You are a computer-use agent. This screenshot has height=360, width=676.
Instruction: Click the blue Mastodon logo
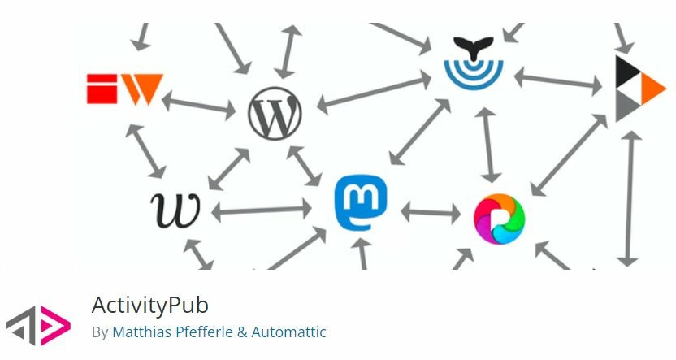[361, 202]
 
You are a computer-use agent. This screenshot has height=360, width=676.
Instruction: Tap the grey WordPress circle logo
[275, 114]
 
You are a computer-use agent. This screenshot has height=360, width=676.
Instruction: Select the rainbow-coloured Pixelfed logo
[499, 219]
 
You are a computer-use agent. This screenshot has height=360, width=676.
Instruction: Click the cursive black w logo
[175, 210]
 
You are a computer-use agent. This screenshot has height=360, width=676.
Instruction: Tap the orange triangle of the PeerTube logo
[653, 89]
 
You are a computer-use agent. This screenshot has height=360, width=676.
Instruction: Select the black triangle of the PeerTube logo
[627, 71]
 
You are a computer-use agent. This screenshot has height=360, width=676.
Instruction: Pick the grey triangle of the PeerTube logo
[627, 106]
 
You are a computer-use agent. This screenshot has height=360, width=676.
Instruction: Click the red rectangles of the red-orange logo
[102, 89]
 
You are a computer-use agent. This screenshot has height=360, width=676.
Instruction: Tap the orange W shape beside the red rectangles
[142, 89]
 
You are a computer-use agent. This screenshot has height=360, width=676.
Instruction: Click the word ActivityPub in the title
[150, 305]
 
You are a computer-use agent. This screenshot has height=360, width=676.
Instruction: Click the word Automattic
[289, 332]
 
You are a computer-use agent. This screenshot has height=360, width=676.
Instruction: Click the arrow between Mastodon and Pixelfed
[431, 213]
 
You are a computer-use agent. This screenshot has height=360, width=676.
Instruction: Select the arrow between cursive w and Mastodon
[262, 210]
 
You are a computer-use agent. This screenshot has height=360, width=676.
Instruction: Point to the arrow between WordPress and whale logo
[374, 93]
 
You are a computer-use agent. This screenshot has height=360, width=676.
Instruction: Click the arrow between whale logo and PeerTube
[558, 81]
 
